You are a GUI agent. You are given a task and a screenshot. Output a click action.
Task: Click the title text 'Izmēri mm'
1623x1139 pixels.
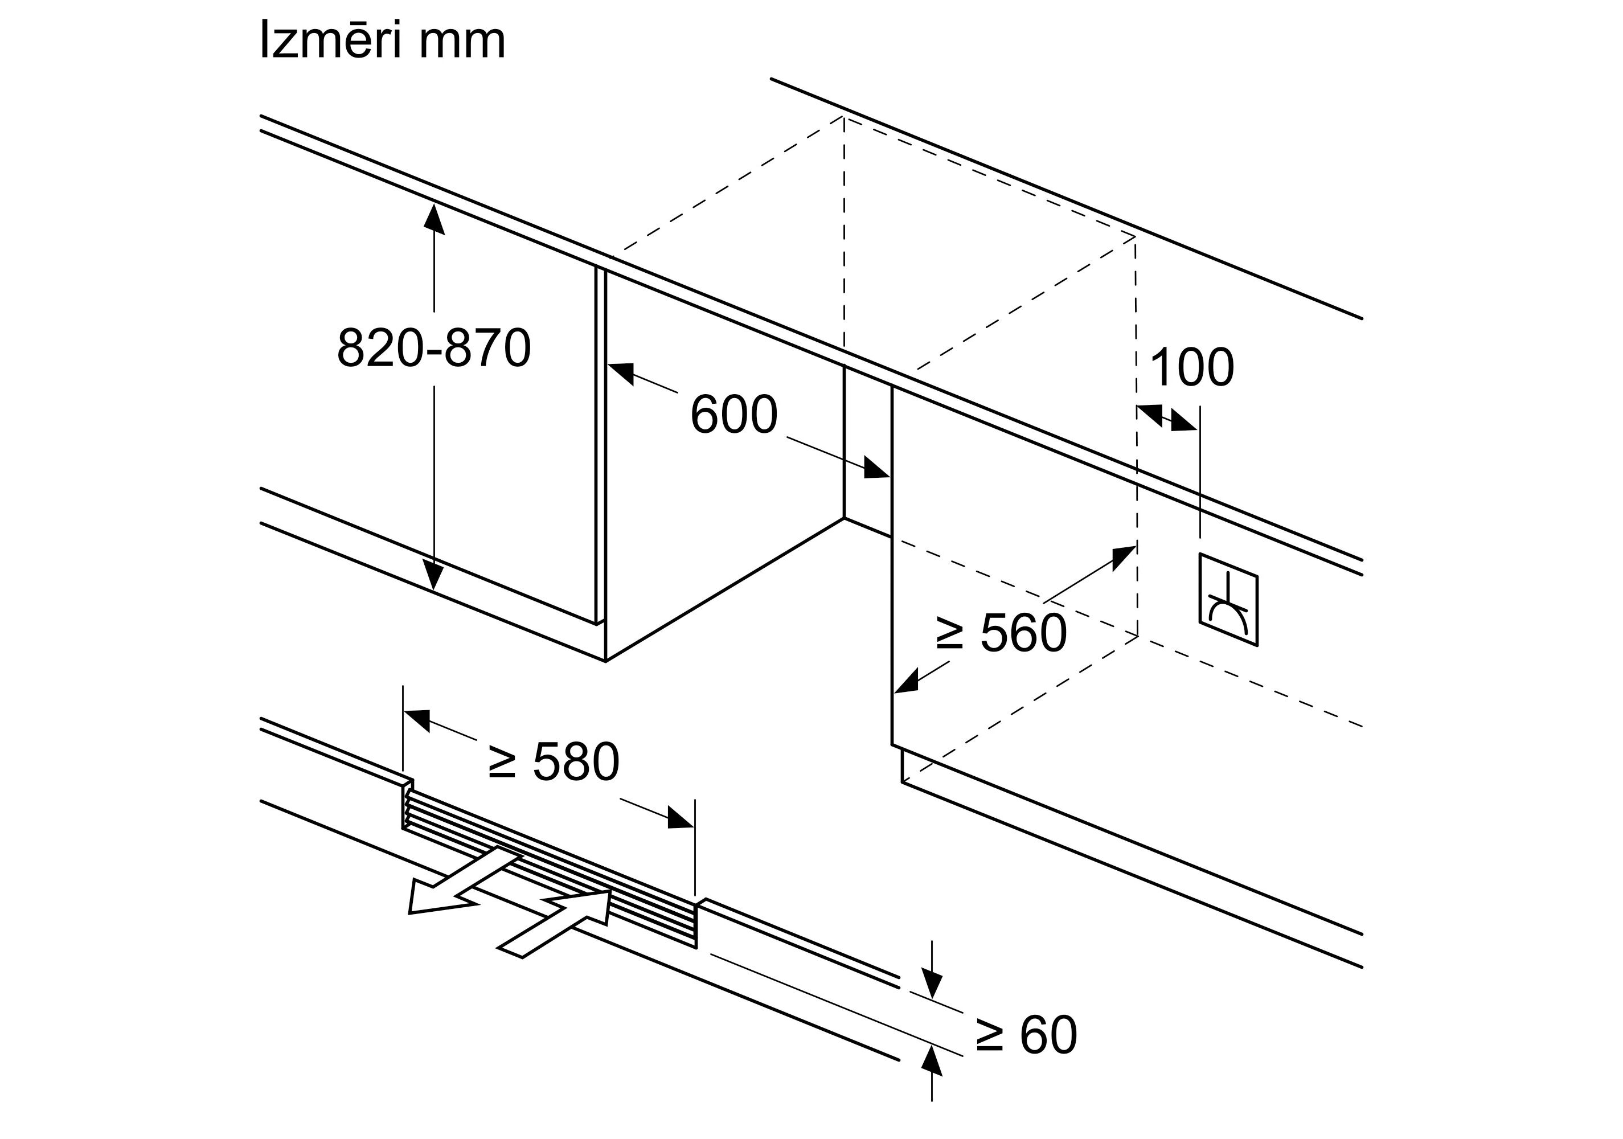point(383,41)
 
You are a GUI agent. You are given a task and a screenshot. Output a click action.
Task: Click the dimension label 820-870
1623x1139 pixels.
point(433,348)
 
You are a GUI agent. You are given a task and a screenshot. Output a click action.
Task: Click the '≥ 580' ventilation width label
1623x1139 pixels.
point(554,762)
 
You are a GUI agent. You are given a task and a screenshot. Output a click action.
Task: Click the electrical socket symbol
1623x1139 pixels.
point(1228,600)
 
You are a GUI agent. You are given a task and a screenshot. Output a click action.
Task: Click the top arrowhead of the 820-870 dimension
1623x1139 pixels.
point(434,217)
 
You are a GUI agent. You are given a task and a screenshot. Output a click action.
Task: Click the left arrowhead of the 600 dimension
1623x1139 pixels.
point(621,372)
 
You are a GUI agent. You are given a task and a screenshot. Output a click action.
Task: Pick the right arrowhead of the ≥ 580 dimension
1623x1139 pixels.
point(681,818)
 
